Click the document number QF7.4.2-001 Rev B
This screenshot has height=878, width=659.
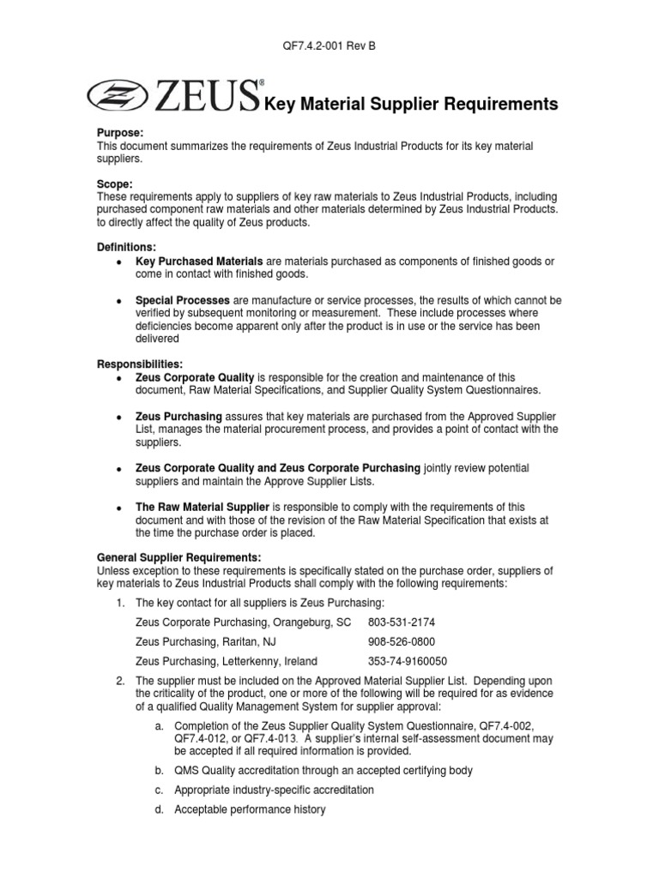coord(329,46)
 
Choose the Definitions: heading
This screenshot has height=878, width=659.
coord(126,247)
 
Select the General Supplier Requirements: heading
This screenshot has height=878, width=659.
coord(178,557)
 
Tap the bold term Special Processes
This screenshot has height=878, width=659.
coord(183,301)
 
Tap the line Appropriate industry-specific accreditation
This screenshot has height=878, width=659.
coord(274,790)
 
